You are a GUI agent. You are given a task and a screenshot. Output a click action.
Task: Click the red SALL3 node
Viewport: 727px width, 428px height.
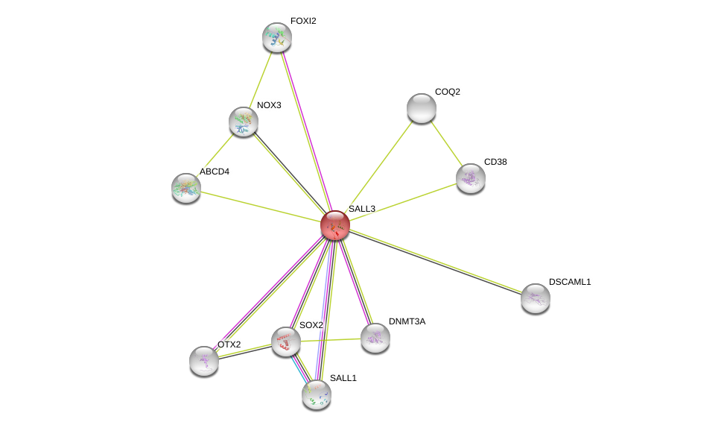[x=335, y=225]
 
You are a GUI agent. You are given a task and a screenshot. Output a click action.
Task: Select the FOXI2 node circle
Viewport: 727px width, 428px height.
[x=277, y=37]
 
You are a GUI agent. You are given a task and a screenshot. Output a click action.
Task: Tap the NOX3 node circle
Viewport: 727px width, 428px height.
[x=244, y=122]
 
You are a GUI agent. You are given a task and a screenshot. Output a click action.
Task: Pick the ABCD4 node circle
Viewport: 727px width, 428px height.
[x=186, y=188]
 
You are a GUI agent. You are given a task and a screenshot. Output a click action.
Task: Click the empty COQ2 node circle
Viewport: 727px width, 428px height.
[x=422, y=108]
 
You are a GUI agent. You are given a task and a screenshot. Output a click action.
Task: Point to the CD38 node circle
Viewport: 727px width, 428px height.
[x=471, y=178]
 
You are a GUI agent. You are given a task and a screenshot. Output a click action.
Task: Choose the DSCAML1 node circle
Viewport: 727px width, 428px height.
[x=536, y=298]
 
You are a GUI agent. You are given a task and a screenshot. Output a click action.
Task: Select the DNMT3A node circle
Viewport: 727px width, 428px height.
[x=375, y=338]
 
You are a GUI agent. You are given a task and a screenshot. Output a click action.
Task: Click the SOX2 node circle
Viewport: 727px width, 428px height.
[x=286, y=342]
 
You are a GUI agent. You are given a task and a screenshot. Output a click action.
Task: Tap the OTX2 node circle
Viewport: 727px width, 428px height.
[x=204, y=361]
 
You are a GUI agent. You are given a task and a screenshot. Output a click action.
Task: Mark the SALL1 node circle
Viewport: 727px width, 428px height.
[x=317, y=394]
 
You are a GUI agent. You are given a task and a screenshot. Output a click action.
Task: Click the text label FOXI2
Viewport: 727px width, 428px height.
[x=303, y=21]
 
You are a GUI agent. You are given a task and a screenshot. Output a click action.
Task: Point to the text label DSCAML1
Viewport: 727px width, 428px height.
[x=570, y=282]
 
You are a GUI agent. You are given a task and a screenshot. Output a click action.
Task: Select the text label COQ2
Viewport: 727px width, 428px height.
[x=448, y=92]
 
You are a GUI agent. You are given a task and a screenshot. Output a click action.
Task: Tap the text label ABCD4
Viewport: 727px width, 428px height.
[x=215, y=171]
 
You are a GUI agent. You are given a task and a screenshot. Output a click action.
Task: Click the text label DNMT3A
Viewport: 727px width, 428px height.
[x=407, y=321]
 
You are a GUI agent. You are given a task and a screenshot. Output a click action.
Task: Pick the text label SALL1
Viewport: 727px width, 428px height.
[x=343, y=378]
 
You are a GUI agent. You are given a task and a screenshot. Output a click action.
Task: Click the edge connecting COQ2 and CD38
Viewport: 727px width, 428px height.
[x=446, y=143]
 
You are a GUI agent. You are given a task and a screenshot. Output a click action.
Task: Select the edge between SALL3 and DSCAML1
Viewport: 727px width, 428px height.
[x=436, y=262]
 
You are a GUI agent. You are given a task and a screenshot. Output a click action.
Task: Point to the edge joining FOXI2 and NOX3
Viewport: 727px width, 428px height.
[x=261, y=79]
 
